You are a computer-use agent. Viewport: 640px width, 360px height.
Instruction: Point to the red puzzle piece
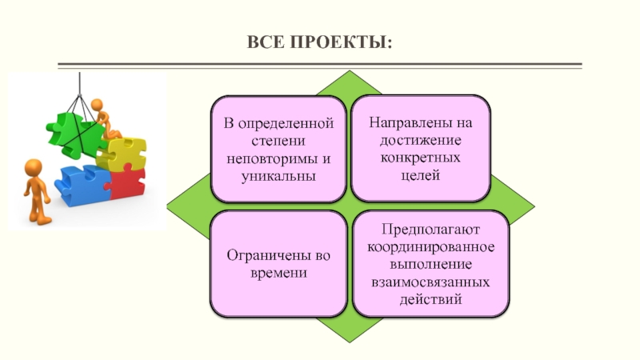126,183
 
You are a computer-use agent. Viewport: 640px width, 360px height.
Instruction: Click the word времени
278,273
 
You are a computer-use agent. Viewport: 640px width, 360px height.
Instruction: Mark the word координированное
431,247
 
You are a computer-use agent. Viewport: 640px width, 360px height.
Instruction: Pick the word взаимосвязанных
431,282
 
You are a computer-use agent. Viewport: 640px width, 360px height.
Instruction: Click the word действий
431,300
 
